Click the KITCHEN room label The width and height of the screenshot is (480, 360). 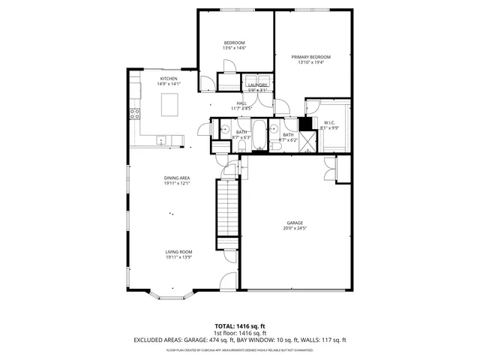168,79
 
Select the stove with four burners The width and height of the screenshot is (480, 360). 136,115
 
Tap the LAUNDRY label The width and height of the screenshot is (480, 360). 258,86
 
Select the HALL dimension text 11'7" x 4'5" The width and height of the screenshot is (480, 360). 241,109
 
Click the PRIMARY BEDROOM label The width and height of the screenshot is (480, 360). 313,57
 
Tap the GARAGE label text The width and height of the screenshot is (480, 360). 294,223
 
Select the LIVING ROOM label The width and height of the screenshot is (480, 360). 179,252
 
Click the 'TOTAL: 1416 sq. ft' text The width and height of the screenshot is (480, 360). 239,326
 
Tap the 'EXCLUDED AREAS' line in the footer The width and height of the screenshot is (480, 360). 239,340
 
